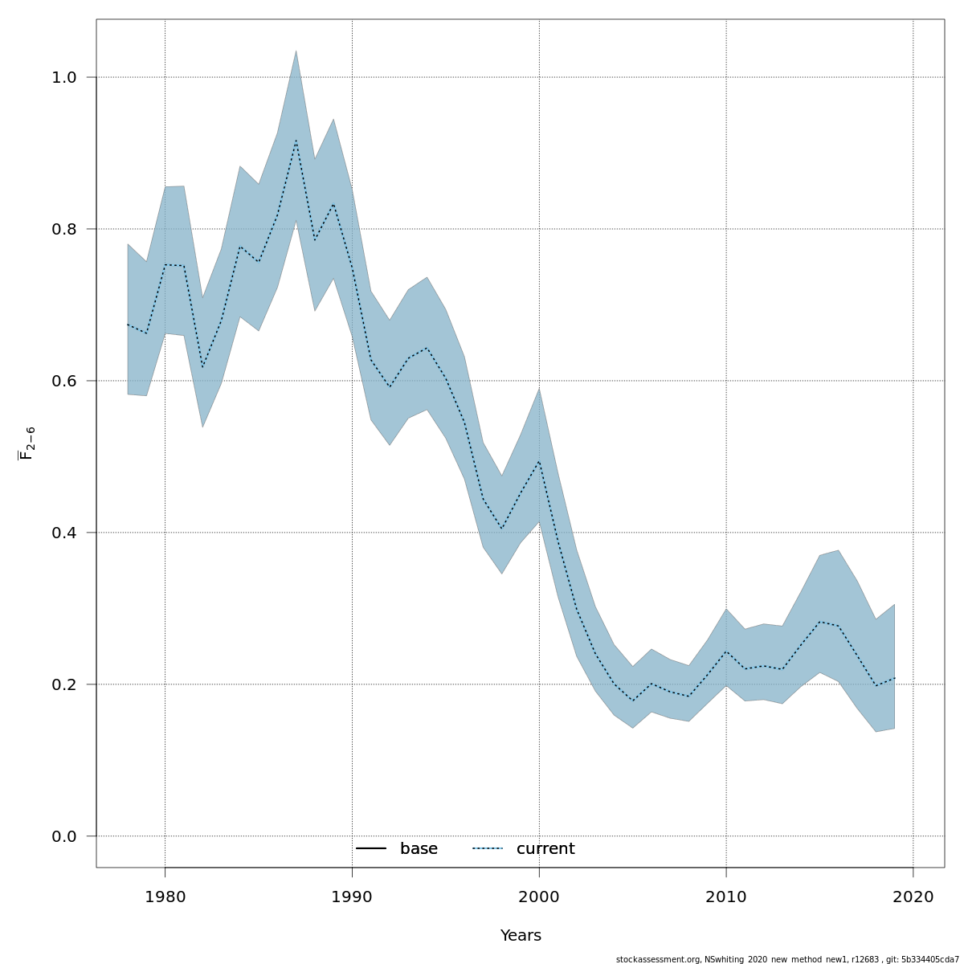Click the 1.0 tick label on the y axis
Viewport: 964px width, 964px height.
(64, 78)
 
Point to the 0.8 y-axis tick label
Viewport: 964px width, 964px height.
(64, 230)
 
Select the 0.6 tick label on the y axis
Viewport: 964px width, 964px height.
(64, 382)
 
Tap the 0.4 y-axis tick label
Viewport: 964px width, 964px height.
(64, 533)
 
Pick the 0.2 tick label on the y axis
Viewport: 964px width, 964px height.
(64, 685)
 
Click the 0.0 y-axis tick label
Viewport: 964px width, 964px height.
(64, 837)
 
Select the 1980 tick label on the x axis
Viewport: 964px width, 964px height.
(165, 897)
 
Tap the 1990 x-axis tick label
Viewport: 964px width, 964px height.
(352, 897)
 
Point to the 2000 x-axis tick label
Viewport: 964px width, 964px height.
(539, 897)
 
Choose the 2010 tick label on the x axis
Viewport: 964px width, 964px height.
(726, 897)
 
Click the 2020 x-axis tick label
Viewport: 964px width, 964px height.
(913, 897)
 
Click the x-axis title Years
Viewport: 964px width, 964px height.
(521, 936)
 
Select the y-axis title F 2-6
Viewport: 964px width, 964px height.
(27, 443)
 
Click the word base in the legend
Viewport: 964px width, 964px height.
(419, 849)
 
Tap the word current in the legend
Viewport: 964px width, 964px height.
(545, 849)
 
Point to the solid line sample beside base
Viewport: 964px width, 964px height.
(371, 849)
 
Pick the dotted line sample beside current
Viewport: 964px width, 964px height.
(488, 849)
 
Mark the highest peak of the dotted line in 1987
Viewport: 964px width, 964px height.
(296, 140)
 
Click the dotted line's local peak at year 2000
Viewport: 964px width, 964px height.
(539, 462)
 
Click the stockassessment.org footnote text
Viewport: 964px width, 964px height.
(787, 959)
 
